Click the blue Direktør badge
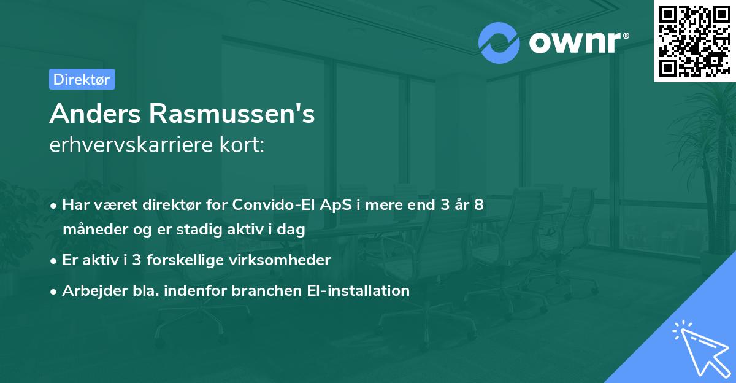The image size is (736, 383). (82, 79)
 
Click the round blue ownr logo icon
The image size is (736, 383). (499, 43)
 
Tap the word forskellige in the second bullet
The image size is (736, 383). (203, 260)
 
